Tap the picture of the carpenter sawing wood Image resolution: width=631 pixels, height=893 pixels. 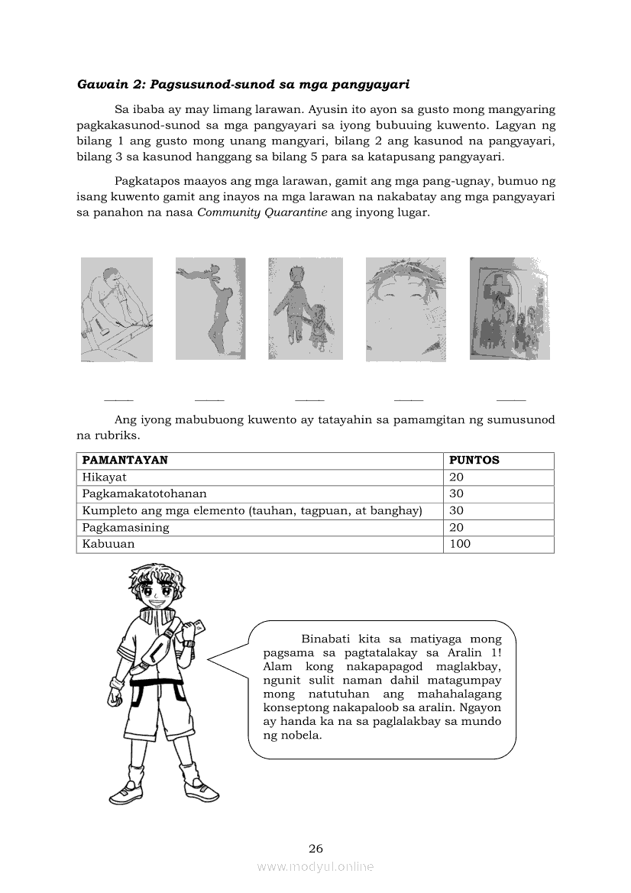coord(117,309)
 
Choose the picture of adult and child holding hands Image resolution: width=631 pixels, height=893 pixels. coord(305,308)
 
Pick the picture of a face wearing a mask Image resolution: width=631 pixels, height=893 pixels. coord(406,309)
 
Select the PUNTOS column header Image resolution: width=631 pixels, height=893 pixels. coord(474,461)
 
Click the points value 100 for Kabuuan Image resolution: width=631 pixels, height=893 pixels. coord(460,545)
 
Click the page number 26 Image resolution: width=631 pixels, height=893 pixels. coord(315,849)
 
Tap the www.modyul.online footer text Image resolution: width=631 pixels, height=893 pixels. coord(315,867)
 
